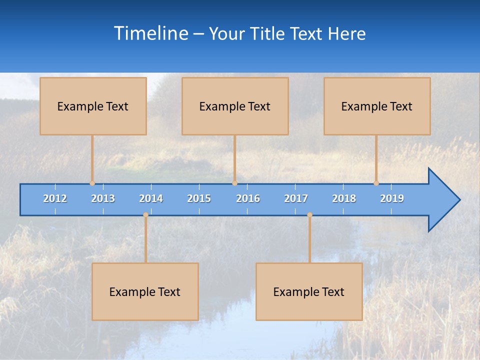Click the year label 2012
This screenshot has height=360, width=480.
pyautogui.click(x=55, y=198)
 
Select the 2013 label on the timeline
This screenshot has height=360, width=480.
pyautogui.click(x=103, y=198)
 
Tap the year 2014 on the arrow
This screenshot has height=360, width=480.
pyautogui.click(x=151, y=198)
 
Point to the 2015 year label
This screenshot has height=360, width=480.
pyautogui.click(x=199, y=198)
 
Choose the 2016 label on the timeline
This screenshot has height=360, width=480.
pyautogui.click(x=248, y=198)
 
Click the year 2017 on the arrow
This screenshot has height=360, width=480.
pyautogui.click(x=296, y=198)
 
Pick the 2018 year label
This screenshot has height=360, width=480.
pyautogui.click(x=344, y=198)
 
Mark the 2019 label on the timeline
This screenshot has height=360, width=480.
pyautogui.click(x=392, y=198)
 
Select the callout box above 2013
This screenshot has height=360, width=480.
pyautogui.click(x=93, y=106)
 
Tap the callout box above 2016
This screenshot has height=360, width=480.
pyautogui.click(x=235, y=106)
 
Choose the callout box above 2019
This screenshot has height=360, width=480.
pyautogui.click(x=377, y=106)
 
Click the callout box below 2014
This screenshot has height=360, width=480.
pyautogui.click(x=145, y=291)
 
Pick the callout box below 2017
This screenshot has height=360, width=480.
pyautogui.click(x=309, y=291)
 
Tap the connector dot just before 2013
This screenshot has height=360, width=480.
pyautogui.click(x=92, y=183)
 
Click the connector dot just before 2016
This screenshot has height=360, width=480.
pyautogui.click(x=234, y=183)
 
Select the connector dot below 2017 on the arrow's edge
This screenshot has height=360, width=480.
pyautogui.click(x=309, y=215)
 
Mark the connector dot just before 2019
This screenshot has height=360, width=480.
pyautogui.click(x=376, y=183)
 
